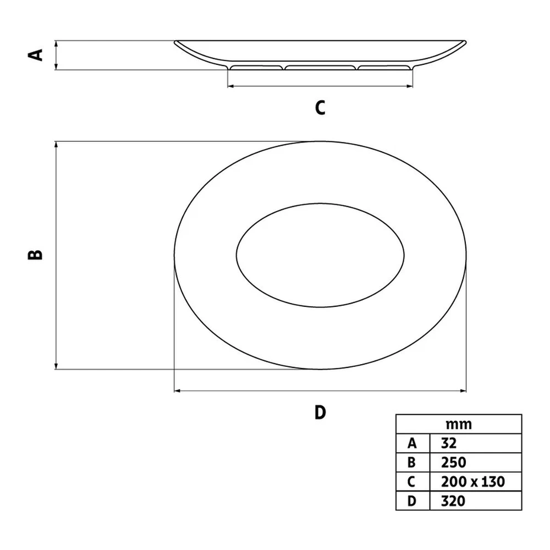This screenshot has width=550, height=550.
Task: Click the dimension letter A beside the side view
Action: [35, 55]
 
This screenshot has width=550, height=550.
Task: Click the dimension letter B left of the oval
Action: [35, 255]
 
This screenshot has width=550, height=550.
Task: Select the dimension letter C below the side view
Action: [320, 108]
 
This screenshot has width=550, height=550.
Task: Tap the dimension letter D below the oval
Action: [320, 413]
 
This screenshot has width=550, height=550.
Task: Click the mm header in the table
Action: [459, 425]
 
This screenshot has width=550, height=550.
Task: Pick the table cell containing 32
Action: [476, 443]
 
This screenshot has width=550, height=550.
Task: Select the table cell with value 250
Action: [476, 463]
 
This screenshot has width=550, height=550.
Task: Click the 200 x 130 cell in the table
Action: [476, 482]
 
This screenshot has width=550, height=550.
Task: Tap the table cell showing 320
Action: [476, 501]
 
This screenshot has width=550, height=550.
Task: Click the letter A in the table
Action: [412, 444]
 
